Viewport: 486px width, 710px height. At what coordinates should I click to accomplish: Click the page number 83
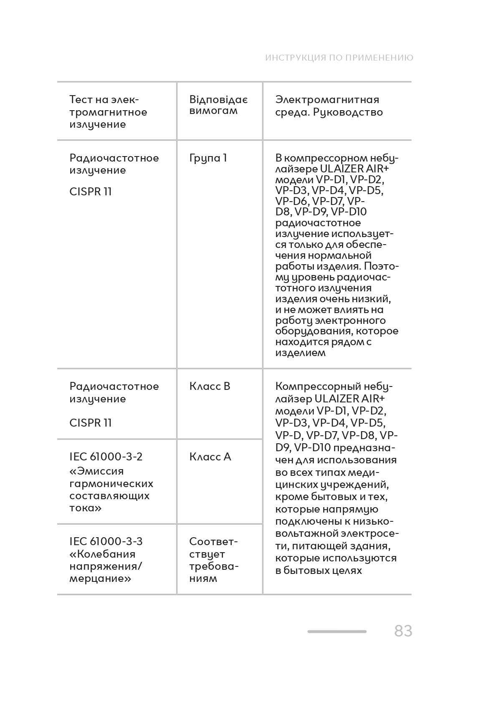click(403, 631)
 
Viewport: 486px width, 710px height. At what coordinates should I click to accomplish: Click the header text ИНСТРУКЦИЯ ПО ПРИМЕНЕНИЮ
click(339, 58)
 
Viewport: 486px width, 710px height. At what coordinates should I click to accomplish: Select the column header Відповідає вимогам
click(218, 105)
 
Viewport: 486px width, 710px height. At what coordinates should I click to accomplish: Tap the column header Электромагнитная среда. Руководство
click(329, 106)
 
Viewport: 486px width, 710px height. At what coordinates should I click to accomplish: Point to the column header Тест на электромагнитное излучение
click(108, 112)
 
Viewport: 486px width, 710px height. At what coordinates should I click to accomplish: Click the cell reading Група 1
click(208, 158)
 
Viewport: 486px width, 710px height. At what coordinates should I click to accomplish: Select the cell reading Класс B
click(210, 386)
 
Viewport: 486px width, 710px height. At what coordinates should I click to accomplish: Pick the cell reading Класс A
click(210, 457)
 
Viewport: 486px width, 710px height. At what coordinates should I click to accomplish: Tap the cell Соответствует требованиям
click(213, 560)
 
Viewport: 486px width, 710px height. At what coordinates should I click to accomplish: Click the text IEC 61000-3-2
click(106, 457)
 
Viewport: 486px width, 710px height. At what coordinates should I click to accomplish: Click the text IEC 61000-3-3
click(106, 541)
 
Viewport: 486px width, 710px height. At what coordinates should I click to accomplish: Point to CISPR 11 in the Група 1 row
click(91, 192)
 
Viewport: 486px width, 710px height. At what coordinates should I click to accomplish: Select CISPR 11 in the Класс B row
click(91, 422)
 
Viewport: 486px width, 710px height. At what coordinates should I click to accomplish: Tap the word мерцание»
click(100, 579)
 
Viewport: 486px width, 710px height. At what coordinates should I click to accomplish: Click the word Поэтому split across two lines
click(381, 266)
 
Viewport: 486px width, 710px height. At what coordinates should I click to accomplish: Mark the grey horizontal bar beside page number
click(337, 632)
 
